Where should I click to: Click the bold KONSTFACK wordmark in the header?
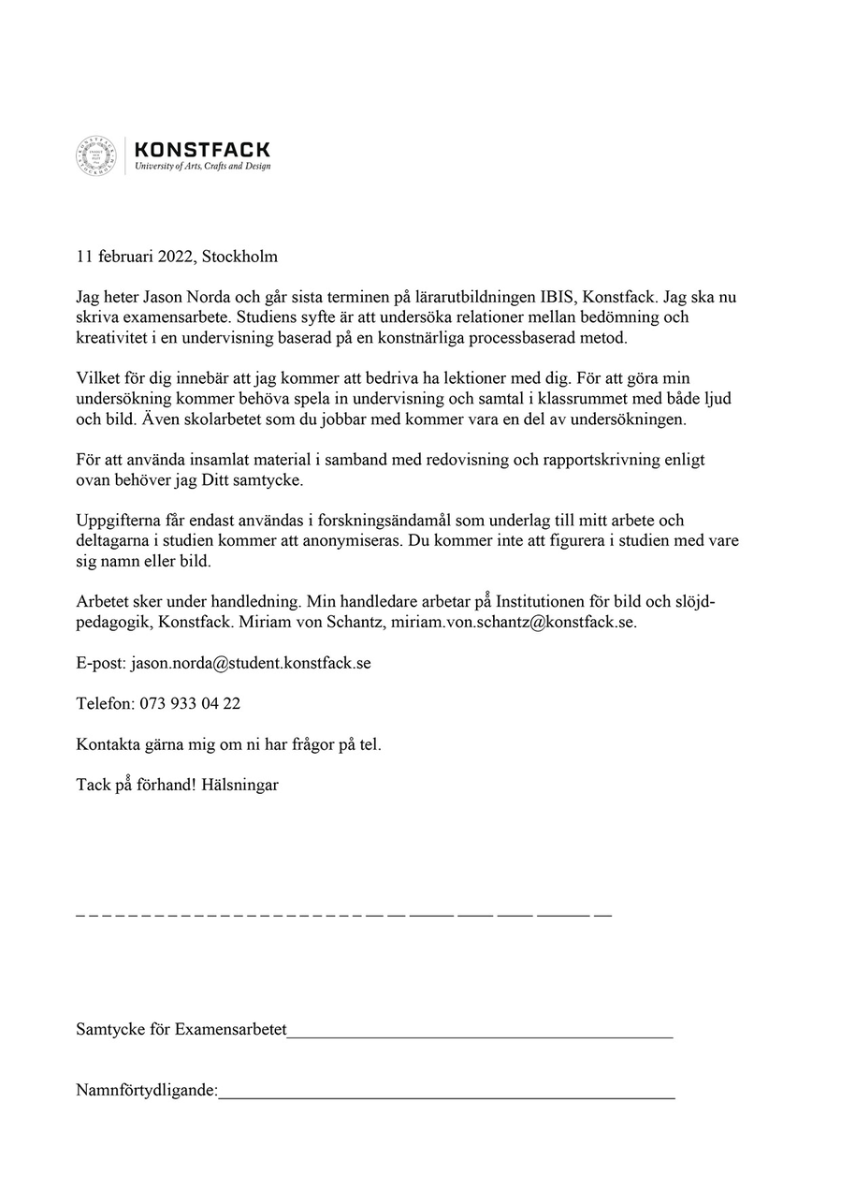click(x=203, y=150)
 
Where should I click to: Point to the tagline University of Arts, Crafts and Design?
click(x=203, y=167)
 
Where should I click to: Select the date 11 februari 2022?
click(x=135, y=257)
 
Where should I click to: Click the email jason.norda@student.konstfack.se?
click(x=251, y=663)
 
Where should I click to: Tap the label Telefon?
click(x=104, y=703)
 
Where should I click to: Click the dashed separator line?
click(x=343, y=913)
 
